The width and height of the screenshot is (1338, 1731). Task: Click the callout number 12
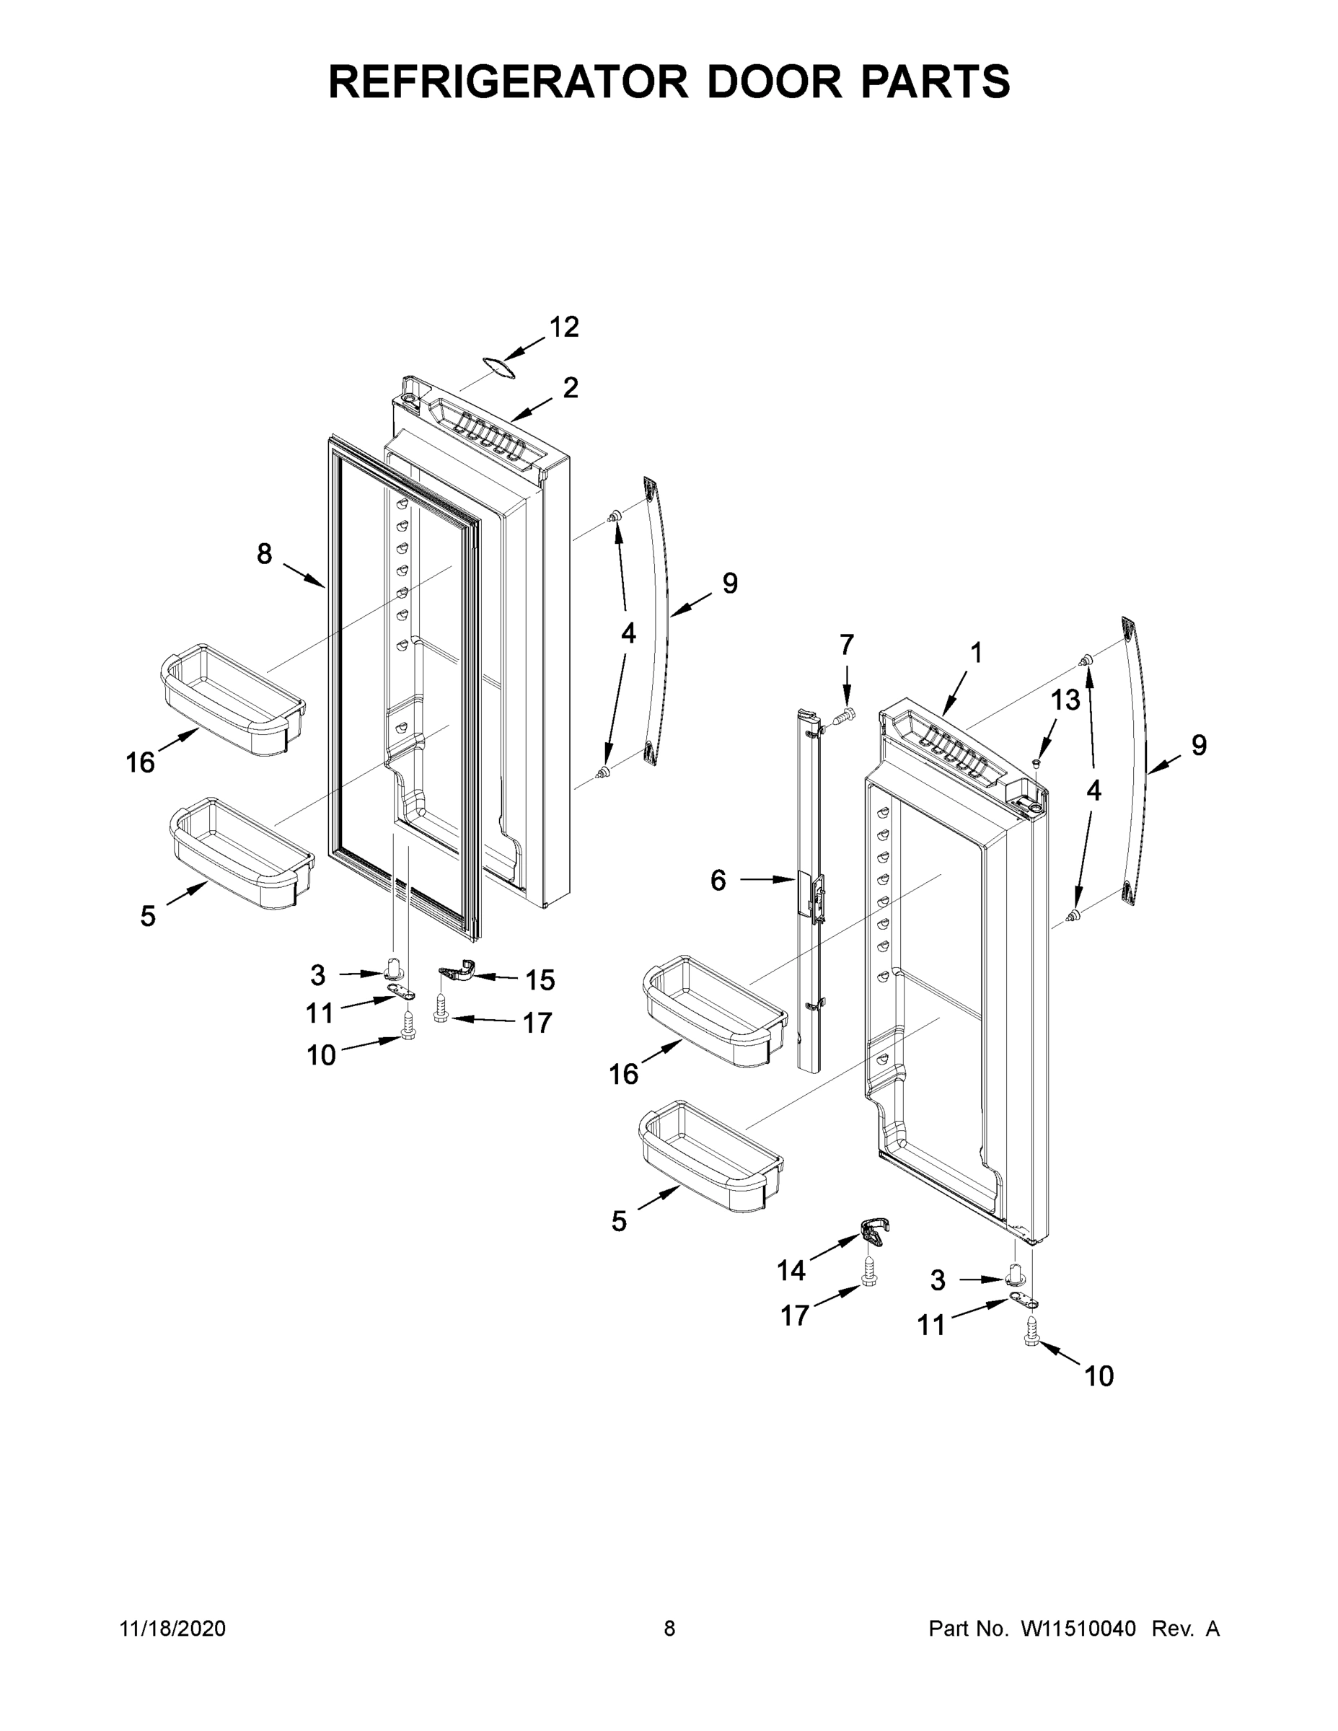tap(563, 327)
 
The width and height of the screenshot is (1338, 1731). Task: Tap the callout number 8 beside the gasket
tap(264, 553)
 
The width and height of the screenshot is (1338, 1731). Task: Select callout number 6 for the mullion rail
tap(718, 880)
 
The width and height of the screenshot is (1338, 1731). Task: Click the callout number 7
tap(847, 646)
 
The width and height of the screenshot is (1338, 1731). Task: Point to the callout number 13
tap(1065, 700)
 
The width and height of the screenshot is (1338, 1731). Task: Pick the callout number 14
tap(791, 1271)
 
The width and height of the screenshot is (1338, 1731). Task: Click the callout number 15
tap(540, 980)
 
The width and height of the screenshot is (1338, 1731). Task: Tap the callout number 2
tap(571, 387)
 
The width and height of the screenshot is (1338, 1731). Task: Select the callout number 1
tap(976, 653)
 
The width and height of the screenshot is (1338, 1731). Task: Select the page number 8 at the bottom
tap(669, 1628)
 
